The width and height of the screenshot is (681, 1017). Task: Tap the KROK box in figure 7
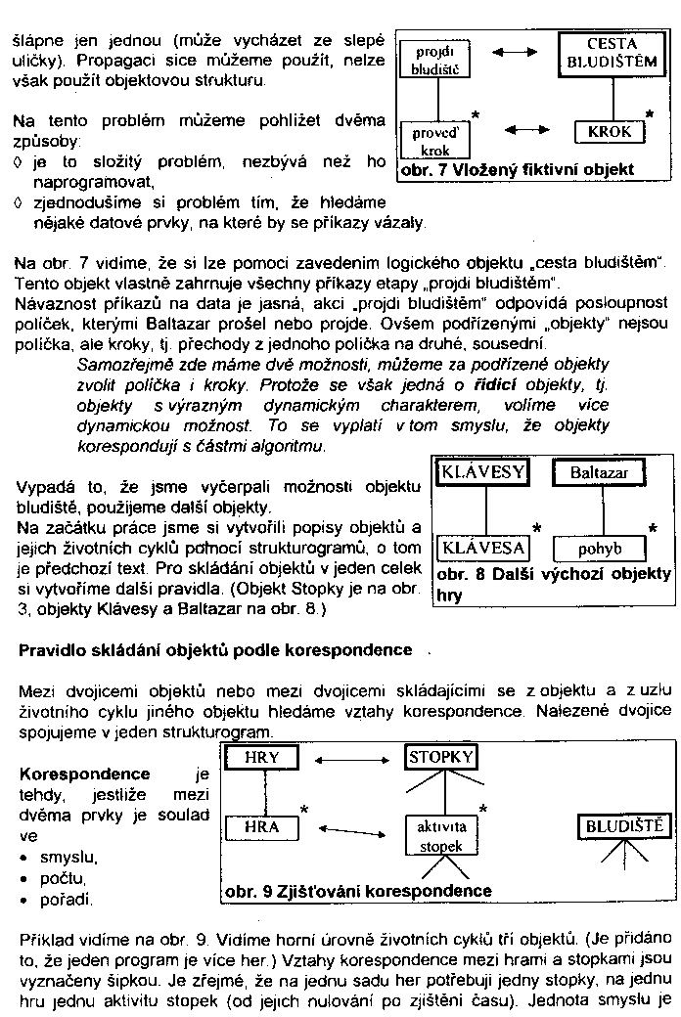tap(610, 131)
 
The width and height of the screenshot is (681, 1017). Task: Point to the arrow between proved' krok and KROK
tap(525, 130)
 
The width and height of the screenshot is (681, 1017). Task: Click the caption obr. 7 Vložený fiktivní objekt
tap(517, 170)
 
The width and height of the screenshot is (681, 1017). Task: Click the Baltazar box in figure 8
tap(599, 473)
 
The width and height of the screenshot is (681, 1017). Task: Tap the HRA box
tap(261, 826)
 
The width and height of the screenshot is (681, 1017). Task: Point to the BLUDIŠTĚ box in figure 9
tap(624, 826)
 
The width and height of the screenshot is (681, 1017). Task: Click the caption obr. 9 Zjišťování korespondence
tap(358, 891)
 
